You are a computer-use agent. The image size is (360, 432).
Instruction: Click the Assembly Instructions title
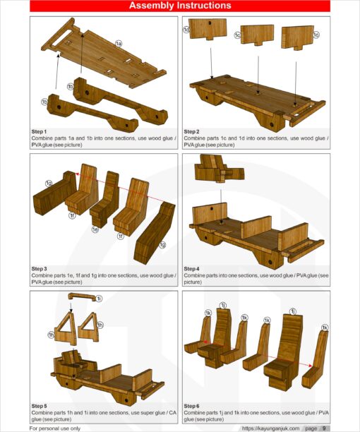(x=180, y=6)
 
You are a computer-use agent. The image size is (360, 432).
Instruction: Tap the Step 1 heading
(x=39, y=132)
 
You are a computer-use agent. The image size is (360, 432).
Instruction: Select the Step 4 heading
(x=191, y=269)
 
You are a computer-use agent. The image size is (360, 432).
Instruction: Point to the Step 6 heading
(x=191, y=406)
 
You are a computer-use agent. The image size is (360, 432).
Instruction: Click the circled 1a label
(x=119, y=44)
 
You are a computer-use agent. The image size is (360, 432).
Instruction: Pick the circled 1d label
(x=187, y=30)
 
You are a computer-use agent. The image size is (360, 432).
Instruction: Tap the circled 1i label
(x=99, y=299)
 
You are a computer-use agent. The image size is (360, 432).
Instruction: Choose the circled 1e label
(x=95, y=229)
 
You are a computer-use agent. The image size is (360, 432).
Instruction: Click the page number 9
(x=324, y=428)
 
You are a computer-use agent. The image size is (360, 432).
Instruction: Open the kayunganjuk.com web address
(x=270, y=428)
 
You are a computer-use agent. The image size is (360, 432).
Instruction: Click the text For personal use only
(x=55, y=428)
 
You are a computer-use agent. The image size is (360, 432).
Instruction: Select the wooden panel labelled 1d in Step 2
(x=208, y=29)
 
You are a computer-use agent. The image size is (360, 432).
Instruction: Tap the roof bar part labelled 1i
(x=82, y=296)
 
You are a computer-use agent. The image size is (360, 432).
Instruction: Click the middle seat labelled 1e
(x=105, y=199)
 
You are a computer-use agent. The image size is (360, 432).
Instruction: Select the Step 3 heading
(x=39, y=269)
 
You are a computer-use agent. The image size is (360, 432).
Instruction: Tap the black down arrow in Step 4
(x=221, y=203)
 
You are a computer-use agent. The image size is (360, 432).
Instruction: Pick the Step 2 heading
(x=191, y=132)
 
